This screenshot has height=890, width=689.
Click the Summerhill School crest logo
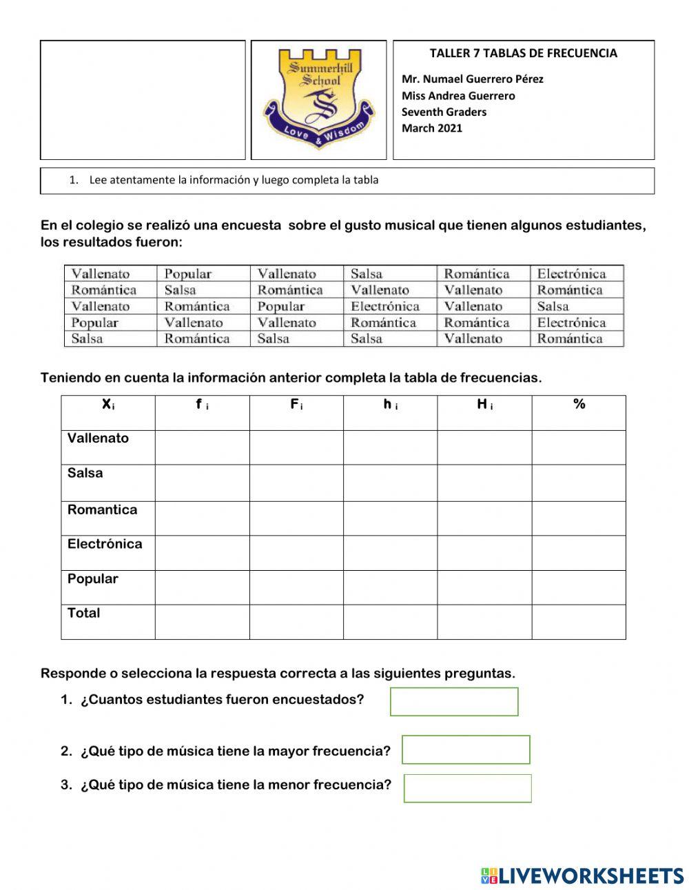tap(318, 99)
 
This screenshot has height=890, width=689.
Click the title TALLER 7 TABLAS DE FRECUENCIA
tap(523, 53)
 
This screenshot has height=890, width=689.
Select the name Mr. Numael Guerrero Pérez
tap(472, 79)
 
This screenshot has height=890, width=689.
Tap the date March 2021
tap(432, 128)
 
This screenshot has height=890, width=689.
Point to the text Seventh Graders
tap(444, 112)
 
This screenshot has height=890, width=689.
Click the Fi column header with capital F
tap(296, 405)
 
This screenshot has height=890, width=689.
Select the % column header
tap(579, 405)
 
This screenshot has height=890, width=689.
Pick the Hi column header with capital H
tap(484, 405)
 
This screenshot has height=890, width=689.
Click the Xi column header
tap(108, 405)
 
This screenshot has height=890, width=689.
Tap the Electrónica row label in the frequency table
tap(105, 544)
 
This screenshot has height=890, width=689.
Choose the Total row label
tap(83, 613)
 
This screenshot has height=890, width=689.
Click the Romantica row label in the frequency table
tap(102, 510)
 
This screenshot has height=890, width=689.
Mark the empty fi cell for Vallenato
tap(202, 447)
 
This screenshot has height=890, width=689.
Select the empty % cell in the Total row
tap(579, 622)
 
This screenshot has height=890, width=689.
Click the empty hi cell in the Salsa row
tap(390, 483)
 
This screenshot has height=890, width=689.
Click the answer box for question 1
tap(454, 702)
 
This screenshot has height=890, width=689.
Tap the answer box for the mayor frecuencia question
tap(466, 749)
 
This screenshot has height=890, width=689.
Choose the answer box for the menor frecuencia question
tap(467, 788)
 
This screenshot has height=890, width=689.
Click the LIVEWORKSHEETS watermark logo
tap(582, 876)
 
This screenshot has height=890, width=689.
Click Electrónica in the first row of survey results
tap(571, 274)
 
